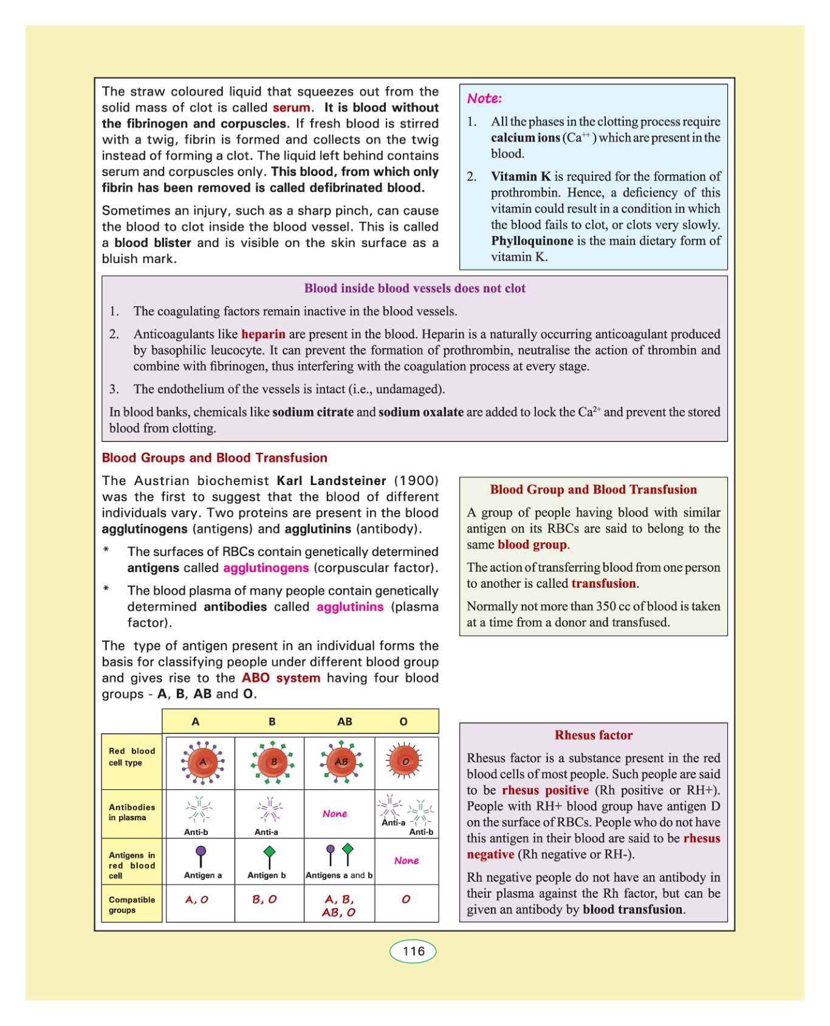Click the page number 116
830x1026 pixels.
[x=413, y=951]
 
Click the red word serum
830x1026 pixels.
[x=291, y=107]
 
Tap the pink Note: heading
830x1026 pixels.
[x=484, y=98]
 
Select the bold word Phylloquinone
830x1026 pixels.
[x=532, y=240]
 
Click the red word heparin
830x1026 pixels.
[x=263, y=334]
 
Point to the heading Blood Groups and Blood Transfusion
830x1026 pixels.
[x=214, y=458]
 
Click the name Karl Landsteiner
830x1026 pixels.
[x=331, y=480]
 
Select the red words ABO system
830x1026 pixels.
[x=281, y=678]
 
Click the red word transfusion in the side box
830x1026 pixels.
[x=603, y=583]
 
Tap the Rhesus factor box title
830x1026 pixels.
[x=593, y=735]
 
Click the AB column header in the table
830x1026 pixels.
[x=345, y=721]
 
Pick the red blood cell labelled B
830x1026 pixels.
[x=273, y=762]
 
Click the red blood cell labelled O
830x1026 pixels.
[x=405, y=761]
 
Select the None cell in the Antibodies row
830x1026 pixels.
[x=335, y=814]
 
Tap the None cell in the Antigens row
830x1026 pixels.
[x=406, y=860]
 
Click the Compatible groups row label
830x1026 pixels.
[x=132, y=905]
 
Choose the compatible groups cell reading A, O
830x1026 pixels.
[x=197, y=900]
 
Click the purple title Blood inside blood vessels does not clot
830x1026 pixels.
[x=414, y=288]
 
